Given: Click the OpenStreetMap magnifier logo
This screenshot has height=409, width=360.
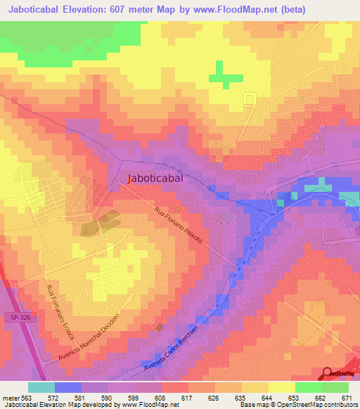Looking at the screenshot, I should pyautogui.click(x=328, y=374).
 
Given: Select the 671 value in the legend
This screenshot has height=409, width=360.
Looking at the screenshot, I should pyautogui.click(x=346, y=397).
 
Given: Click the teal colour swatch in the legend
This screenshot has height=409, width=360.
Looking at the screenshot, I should pyautogui.click(x=41, y=387).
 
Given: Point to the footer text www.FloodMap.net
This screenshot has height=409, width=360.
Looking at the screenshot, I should pyautogui.click(x=150, y=405).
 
